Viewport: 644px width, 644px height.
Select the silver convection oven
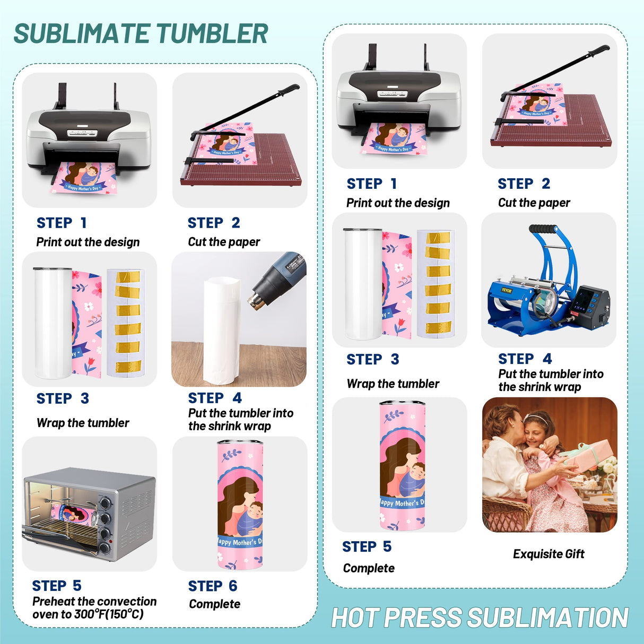click(x=89, y=512)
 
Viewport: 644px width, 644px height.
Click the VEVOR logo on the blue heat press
click(x=506, y=290)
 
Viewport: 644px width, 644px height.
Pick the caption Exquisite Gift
click(x=549, y=554)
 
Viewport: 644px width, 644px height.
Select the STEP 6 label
click(x=212, y=586)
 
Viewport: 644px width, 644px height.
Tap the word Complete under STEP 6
click(x=214, y=604)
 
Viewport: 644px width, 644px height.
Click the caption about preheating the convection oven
click(x=94, y=608)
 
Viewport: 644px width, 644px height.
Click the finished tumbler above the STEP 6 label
click(x=240, y=503)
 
